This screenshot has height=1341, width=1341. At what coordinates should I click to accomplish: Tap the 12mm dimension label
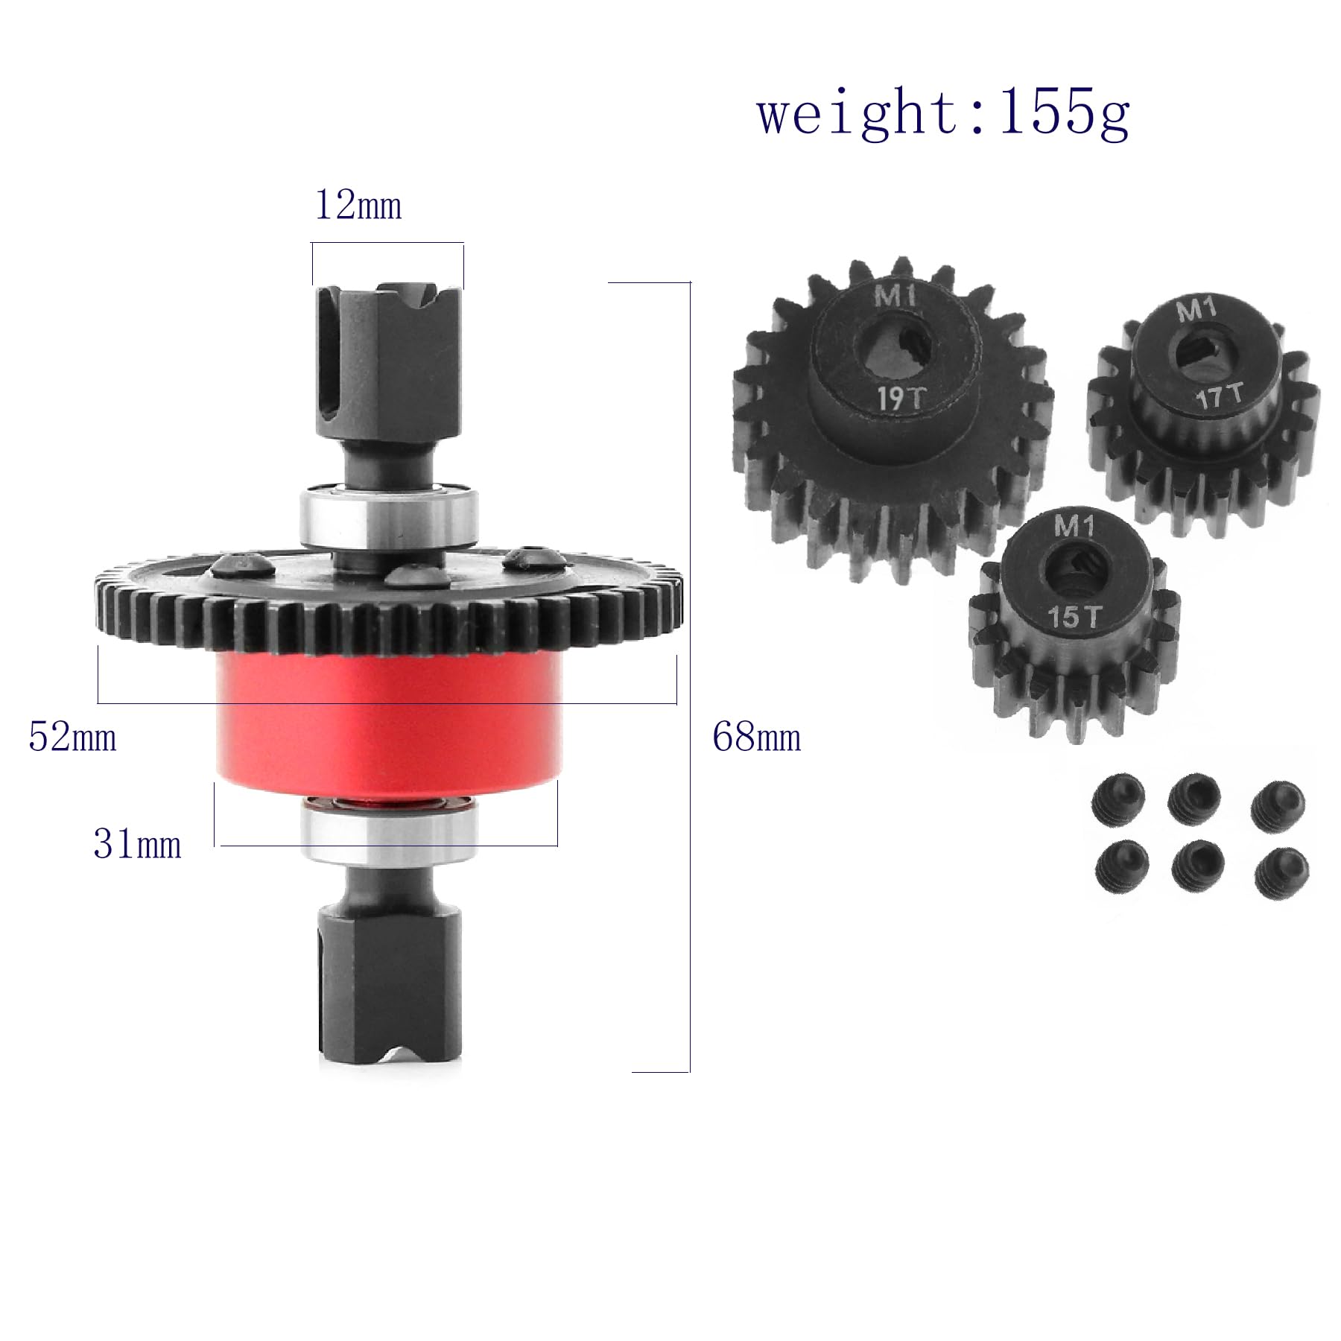pos(358,206)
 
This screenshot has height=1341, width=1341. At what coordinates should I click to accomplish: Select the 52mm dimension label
pos(72,738)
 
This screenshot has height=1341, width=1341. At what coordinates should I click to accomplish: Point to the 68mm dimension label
pos(756,738)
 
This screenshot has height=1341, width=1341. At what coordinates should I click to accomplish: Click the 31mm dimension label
pos(137,845)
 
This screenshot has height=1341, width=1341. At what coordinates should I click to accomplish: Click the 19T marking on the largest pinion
pos(900,399)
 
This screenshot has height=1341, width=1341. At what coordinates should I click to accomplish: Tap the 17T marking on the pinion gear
pos(1220,395)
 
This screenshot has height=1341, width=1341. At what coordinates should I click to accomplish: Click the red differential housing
pos(387,723)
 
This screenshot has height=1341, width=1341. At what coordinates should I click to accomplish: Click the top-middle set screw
pos(1193,797)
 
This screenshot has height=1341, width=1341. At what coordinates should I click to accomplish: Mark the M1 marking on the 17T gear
pos(1196,309)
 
